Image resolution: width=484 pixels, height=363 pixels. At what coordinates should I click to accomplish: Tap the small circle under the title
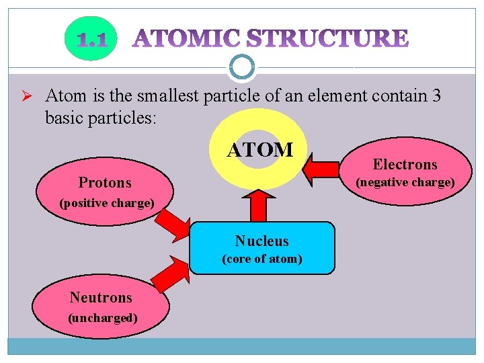tap(242, 67)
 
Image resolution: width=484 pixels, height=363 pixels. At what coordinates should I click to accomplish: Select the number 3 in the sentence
tap(436, 96)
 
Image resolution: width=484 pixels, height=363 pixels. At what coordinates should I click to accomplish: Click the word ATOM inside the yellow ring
tap(259, 150)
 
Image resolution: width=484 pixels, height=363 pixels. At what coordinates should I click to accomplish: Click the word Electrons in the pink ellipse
tap(405, 165)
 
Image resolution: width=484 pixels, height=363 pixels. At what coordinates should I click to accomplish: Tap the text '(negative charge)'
tap(405, 182)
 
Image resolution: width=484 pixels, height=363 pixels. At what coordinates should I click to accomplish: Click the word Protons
tap(105, 182)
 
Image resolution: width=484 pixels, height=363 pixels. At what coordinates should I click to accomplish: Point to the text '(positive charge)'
tap(106, 202)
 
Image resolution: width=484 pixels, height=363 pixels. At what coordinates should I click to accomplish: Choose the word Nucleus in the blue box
tap(261, 241)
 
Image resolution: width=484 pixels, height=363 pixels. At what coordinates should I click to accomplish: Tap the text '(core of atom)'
tap(261, 259)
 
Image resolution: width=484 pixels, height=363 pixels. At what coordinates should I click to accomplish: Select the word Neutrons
tap(101, 298)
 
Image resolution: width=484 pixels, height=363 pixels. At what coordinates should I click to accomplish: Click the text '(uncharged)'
tap(102, 317)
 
